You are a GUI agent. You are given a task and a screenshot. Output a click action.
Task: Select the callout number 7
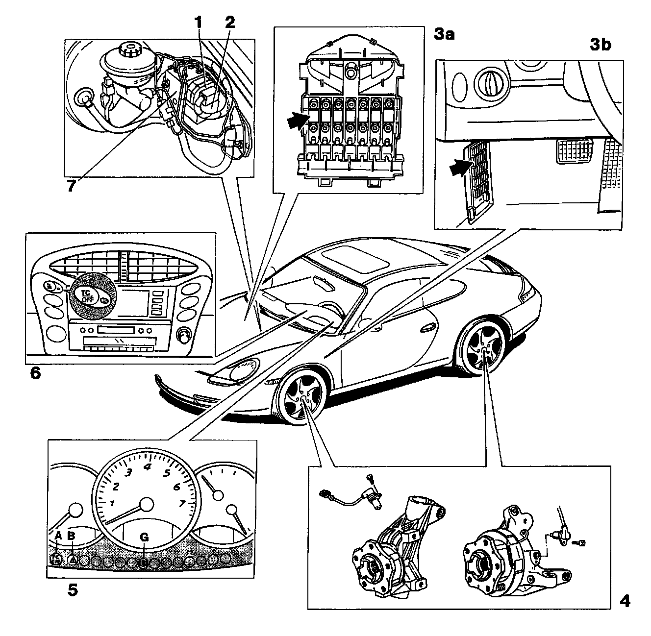point(72,186)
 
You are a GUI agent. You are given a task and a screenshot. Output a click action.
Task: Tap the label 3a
point(445,34)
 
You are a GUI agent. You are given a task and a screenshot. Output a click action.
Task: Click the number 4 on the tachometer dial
point(147,466)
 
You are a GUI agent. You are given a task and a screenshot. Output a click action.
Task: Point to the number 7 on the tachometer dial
point(182,503)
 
